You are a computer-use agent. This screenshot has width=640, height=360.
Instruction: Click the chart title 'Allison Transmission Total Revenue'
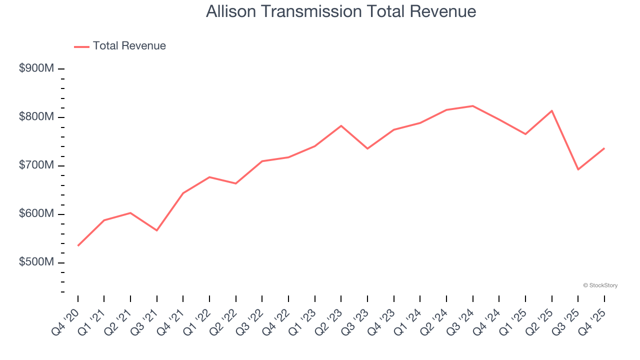point(340,11)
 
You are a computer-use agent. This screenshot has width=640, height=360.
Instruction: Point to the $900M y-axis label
point(36,68)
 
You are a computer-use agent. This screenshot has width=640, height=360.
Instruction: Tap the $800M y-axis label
point(36,117)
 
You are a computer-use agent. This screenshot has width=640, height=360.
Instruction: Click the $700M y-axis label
point(36,165)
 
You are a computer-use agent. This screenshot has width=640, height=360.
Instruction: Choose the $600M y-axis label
point(36,214)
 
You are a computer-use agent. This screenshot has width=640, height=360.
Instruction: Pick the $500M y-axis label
point(36,262)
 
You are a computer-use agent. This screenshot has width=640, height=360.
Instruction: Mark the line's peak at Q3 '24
point(472,106)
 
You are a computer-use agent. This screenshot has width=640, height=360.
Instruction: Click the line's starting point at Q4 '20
point(78,245)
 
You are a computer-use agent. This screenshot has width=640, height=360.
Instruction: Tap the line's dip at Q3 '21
point(157,230)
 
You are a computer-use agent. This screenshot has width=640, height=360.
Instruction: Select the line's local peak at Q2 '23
point(341,125)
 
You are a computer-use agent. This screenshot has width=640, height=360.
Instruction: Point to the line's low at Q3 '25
point(578,169)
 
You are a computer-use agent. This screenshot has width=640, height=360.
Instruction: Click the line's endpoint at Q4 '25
point(604,148)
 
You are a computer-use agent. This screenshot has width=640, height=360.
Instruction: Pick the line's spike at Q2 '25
point(551,110)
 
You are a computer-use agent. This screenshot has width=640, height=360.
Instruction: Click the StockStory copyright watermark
point(600,285)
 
